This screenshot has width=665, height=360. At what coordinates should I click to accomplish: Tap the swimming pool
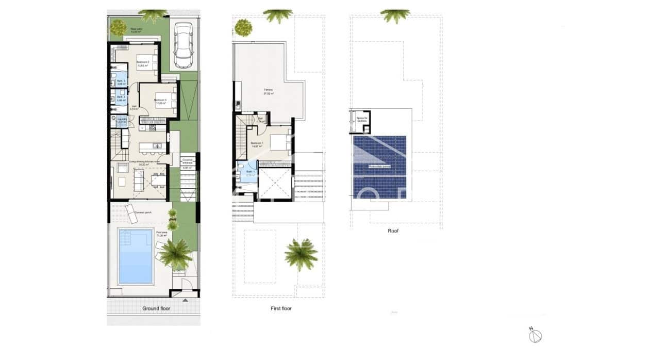point(136,256)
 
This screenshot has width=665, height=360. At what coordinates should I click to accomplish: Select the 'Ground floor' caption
point(156,308)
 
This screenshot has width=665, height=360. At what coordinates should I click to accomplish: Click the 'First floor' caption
point(281,308)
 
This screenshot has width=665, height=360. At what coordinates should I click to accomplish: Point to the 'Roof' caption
point(393,231)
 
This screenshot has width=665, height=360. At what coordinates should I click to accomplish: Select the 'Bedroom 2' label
point(142,64)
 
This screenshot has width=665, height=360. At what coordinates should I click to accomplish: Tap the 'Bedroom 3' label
point(160,102)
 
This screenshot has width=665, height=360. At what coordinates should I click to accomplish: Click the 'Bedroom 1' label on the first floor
point(257,144)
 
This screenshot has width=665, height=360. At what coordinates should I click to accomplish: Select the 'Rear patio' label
point(136,30)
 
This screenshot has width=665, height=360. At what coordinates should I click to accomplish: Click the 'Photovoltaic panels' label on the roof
point(379,167)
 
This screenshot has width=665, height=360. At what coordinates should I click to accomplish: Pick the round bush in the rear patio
point(118,27)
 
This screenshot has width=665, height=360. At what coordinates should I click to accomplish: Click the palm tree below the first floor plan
point(301,254)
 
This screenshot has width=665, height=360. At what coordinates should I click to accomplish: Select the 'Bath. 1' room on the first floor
point(250,173)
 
